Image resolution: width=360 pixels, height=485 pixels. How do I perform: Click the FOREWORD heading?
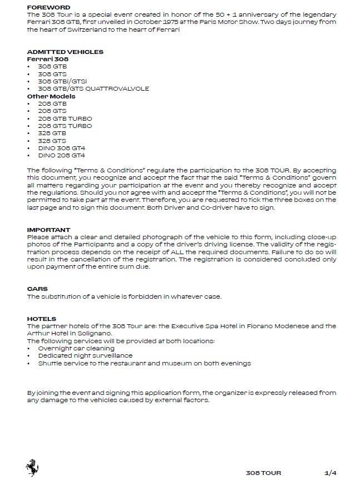click(49, 7)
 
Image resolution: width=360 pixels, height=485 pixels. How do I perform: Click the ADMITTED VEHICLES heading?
click(65, 52)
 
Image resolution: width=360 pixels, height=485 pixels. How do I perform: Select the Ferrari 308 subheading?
click(48, 59)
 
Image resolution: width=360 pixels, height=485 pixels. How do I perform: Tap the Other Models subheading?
click(51, 96)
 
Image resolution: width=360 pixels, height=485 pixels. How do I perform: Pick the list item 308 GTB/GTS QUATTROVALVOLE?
click(93, 88)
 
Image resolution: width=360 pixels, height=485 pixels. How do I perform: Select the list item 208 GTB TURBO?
click(65, 118)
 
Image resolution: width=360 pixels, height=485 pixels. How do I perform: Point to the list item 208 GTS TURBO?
click(65, 126)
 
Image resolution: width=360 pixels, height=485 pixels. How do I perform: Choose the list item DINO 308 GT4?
click(61, 149)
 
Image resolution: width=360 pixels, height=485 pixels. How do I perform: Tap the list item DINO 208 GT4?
click(61, 156)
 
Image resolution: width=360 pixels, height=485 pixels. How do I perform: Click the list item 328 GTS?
click(52, 141)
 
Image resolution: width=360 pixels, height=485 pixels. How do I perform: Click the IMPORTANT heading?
click(48, 230)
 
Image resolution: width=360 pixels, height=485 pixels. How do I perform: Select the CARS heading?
click(37, 289)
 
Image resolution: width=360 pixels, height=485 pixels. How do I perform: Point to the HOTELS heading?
click(42, 319)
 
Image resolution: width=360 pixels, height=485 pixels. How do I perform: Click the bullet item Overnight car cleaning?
click(76, 349)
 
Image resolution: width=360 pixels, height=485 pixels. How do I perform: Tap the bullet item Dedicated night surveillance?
click(85, 356)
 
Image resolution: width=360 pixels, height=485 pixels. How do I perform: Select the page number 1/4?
click(331, 473)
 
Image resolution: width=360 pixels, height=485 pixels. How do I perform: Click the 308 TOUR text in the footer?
click(263, 473)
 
